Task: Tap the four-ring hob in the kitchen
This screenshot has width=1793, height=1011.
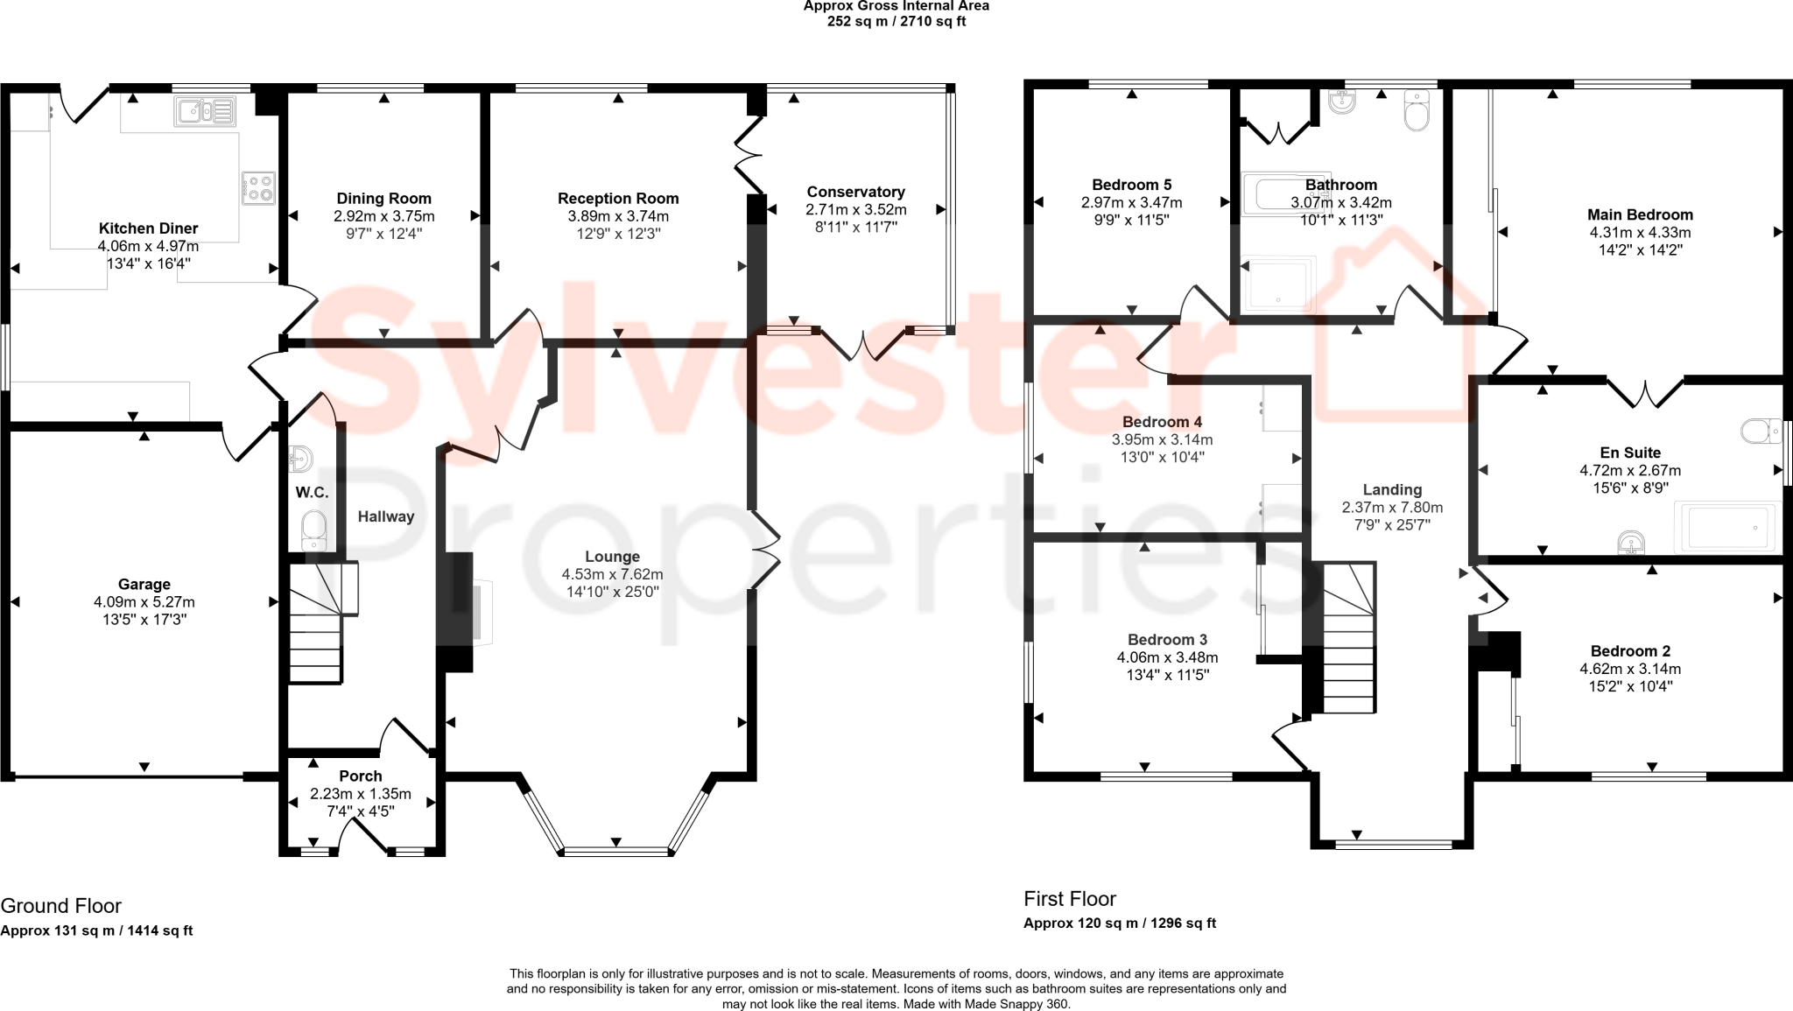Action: (x=258, y=187)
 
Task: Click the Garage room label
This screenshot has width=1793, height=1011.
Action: (x=144, y=584)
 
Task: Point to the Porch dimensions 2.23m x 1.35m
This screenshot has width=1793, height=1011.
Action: (x=360, y=794)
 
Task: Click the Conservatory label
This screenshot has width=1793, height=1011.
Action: (x=855, y=192)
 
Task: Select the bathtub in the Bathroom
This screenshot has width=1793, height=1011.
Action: (x=1285, y=194)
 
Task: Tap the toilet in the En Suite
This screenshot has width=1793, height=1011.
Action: (x=1759, y=431)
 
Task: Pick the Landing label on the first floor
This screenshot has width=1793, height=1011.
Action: (x=1392, y=490)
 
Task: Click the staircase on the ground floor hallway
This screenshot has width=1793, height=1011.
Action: (x=317, y=623)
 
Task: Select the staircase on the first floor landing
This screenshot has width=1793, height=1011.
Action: (x=1348, y=639)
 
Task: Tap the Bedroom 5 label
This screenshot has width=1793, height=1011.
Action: (x=1131, y=185)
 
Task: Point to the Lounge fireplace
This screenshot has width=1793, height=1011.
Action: (x=480, y=613)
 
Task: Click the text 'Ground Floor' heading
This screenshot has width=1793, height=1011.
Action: (x=60, y=906)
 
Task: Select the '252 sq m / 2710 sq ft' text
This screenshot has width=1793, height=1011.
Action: (x=896, y=21)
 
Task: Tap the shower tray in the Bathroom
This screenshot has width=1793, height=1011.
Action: (x=1279, y=284)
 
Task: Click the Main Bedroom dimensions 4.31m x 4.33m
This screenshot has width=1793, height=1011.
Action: (x=1640, y=233)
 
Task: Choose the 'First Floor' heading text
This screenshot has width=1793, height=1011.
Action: (x=1070, y=899)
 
